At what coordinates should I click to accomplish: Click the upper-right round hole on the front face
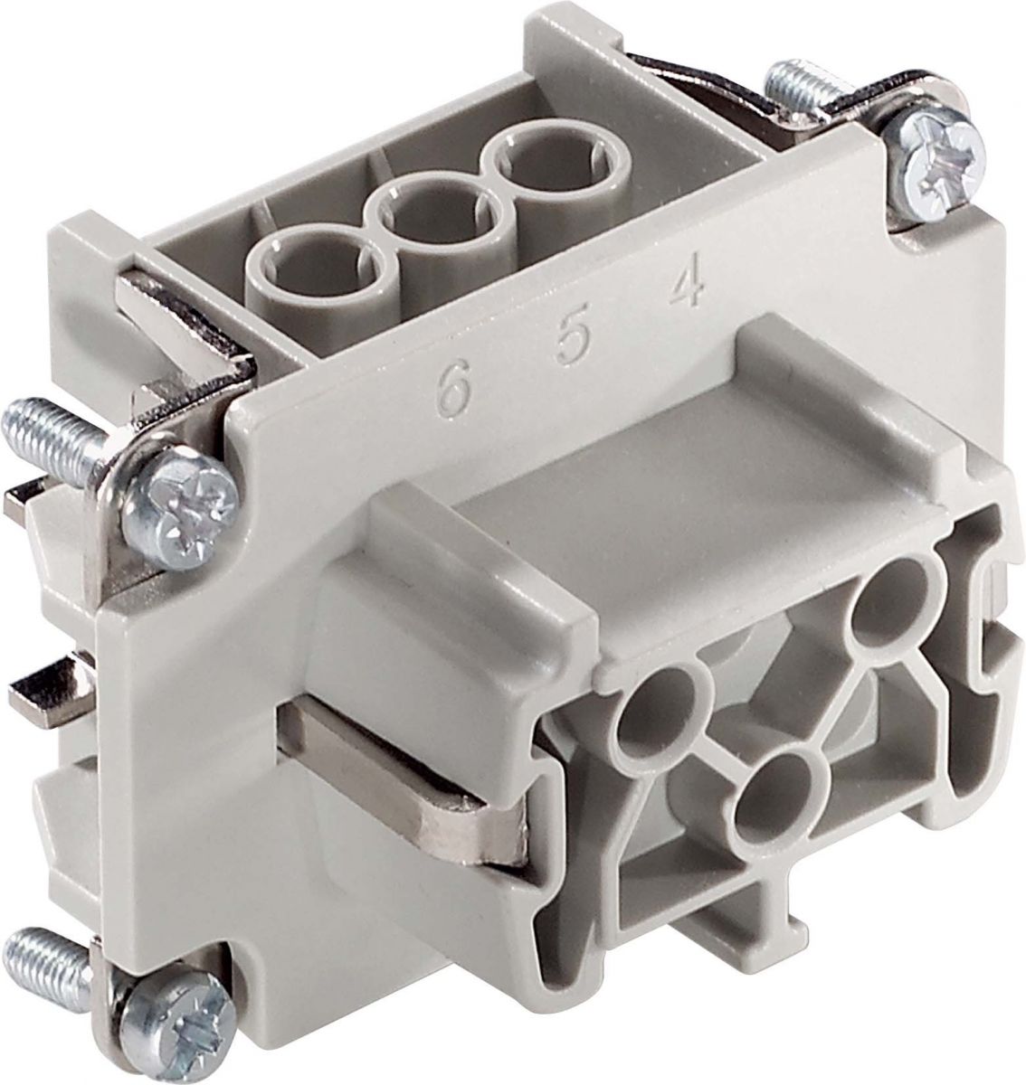(x=886, y=600)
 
